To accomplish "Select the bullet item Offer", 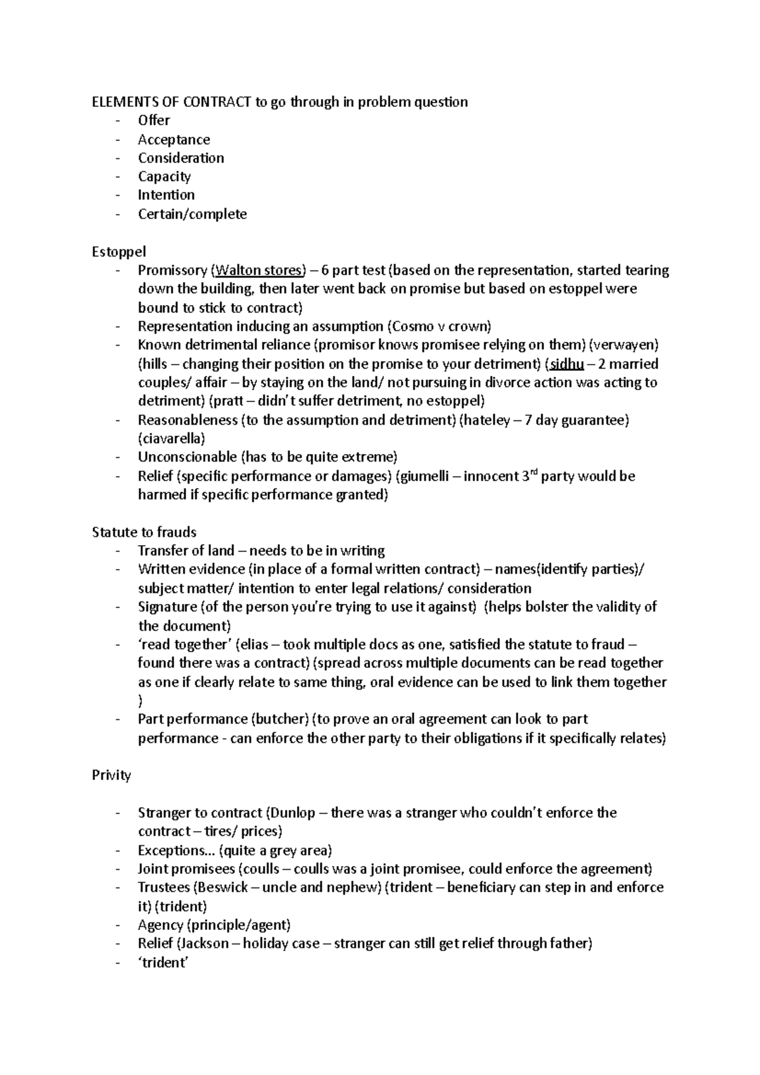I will pos(154,120).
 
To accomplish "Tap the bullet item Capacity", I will pos(164,177).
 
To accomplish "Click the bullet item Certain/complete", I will pos(192,214).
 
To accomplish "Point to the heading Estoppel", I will pos(118,251).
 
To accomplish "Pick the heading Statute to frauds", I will pos(144,532).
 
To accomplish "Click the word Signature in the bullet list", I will pos(167,607).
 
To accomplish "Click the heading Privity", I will pos(111,775).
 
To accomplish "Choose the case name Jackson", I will pos(205,943).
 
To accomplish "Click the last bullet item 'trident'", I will pos(163,962).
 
